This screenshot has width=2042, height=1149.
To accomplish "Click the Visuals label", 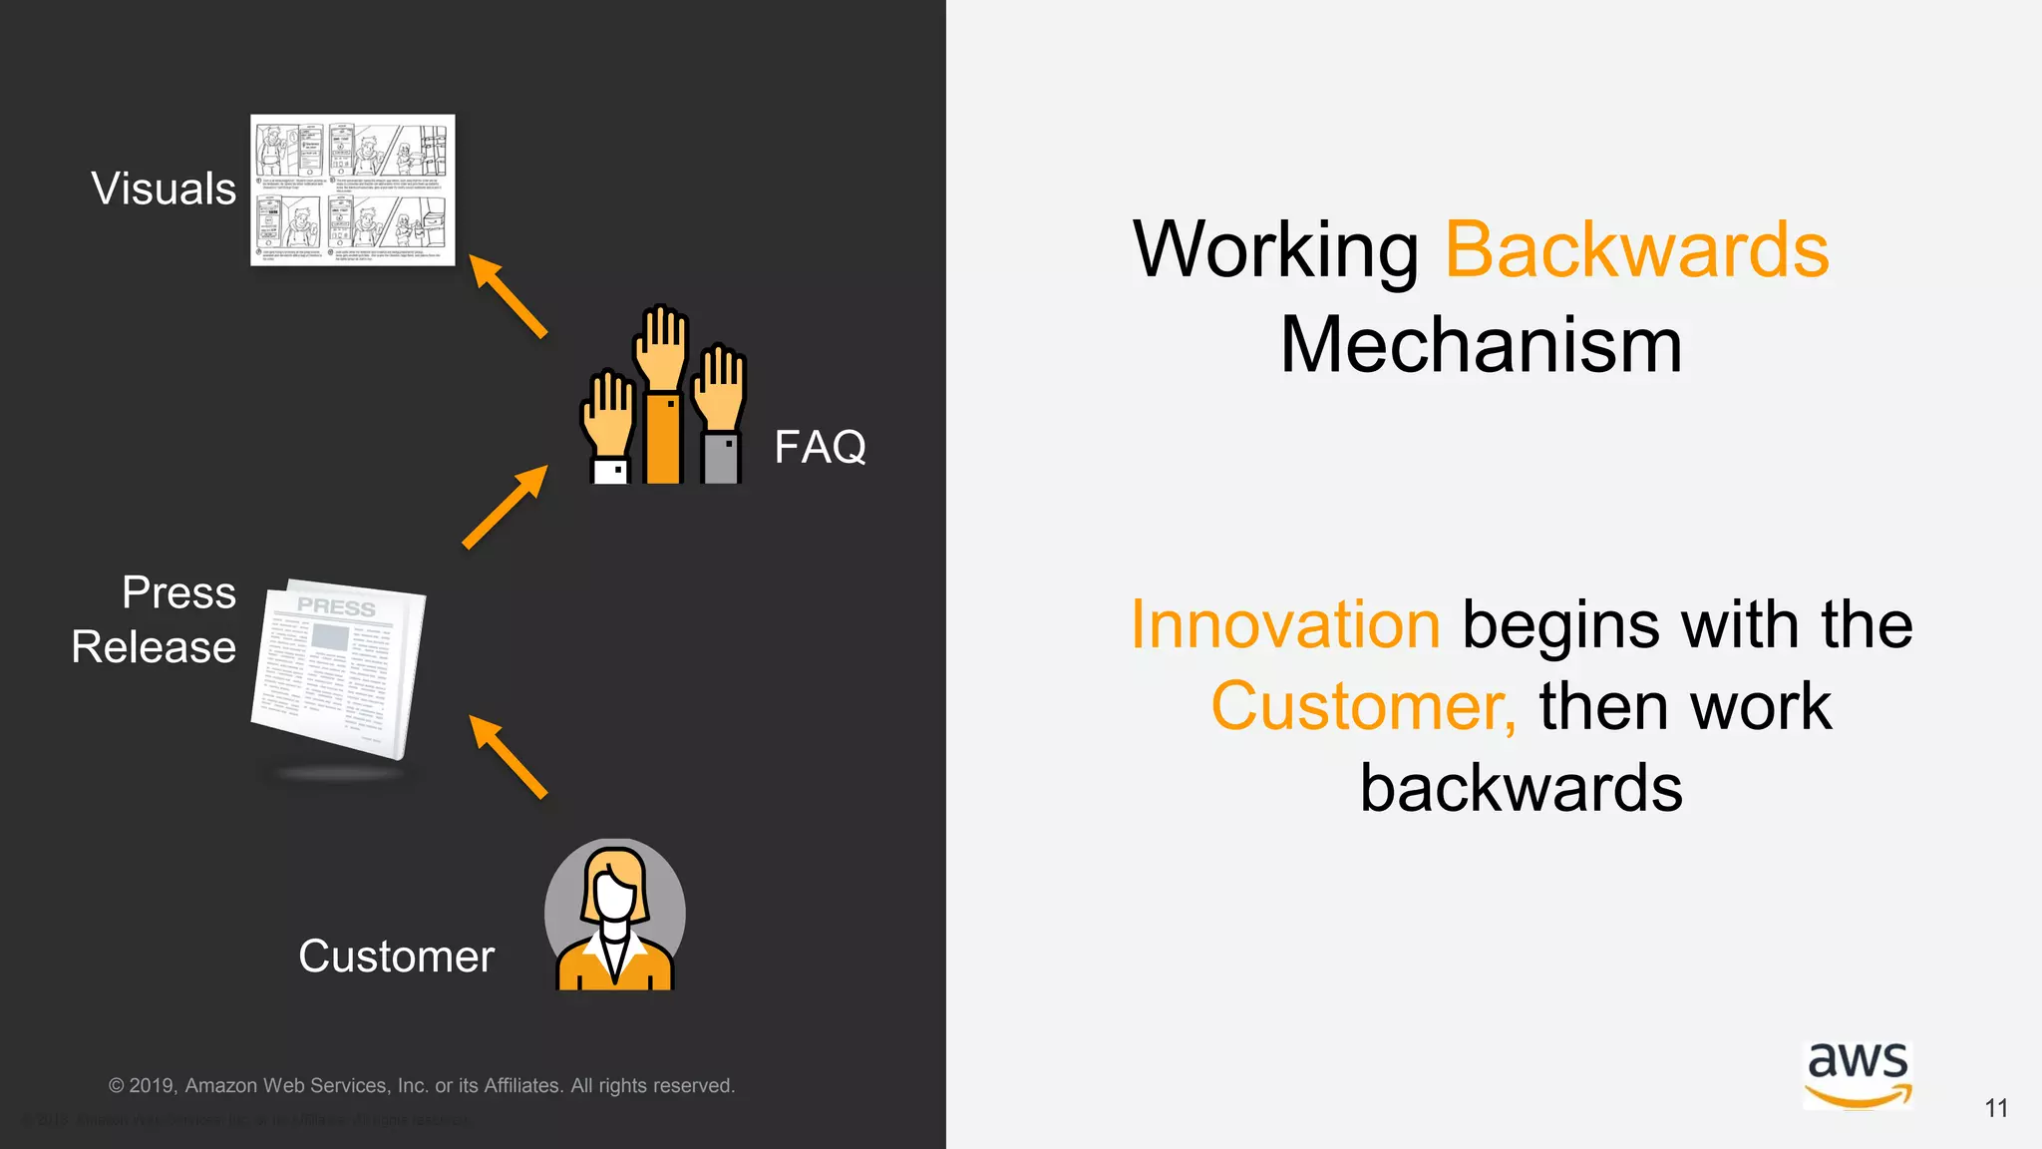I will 164,189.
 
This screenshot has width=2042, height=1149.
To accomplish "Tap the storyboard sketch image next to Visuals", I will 352,190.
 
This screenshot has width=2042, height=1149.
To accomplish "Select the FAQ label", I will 820,447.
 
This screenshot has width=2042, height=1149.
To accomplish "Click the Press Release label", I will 155,619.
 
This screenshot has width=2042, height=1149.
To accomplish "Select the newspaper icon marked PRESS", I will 339,668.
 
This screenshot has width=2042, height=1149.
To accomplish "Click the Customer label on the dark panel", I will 396,957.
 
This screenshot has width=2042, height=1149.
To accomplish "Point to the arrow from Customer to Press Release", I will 508,756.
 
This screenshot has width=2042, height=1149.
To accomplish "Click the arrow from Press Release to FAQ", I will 506,507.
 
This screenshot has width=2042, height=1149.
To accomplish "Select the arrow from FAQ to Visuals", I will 508,296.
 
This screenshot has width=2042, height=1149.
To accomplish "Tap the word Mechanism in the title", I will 1481,345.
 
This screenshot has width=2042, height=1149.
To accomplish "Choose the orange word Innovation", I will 1285,625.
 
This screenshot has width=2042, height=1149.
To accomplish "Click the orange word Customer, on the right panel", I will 1362,706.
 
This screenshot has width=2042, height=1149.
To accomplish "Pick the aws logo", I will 1858,1074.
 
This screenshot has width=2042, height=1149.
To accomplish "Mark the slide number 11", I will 1995,1108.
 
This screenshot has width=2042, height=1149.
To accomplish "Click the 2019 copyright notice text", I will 421,1085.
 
